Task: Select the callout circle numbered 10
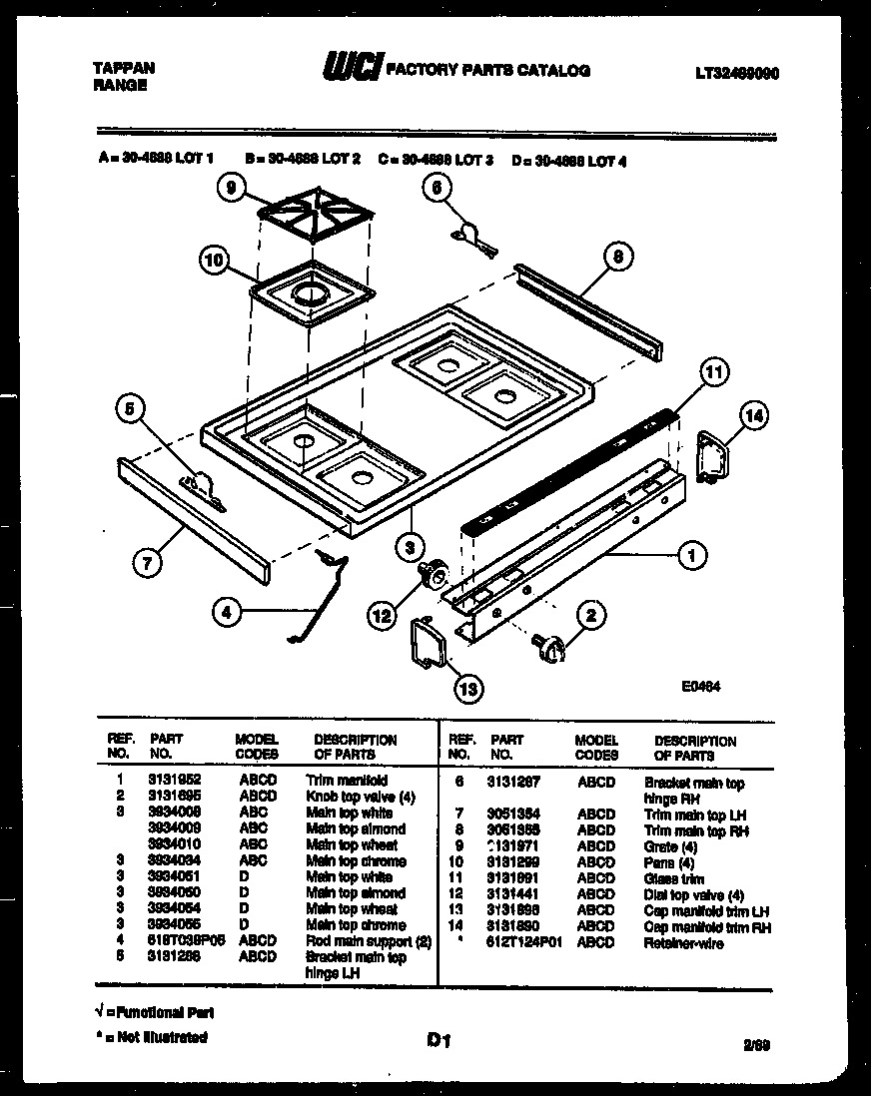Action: (x=213, y=263)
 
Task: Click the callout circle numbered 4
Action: (x=228, y=612)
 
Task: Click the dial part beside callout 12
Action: (x=434, y=574)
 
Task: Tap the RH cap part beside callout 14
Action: (x=711, y=456)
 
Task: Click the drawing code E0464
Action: (x=701, y=687)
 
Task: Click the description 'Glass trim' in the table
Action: (x=674, y=879)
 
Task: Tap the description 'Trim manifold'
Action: (x=347, y=781)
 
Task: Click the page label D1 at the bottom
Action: (x=439, y=1041)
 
